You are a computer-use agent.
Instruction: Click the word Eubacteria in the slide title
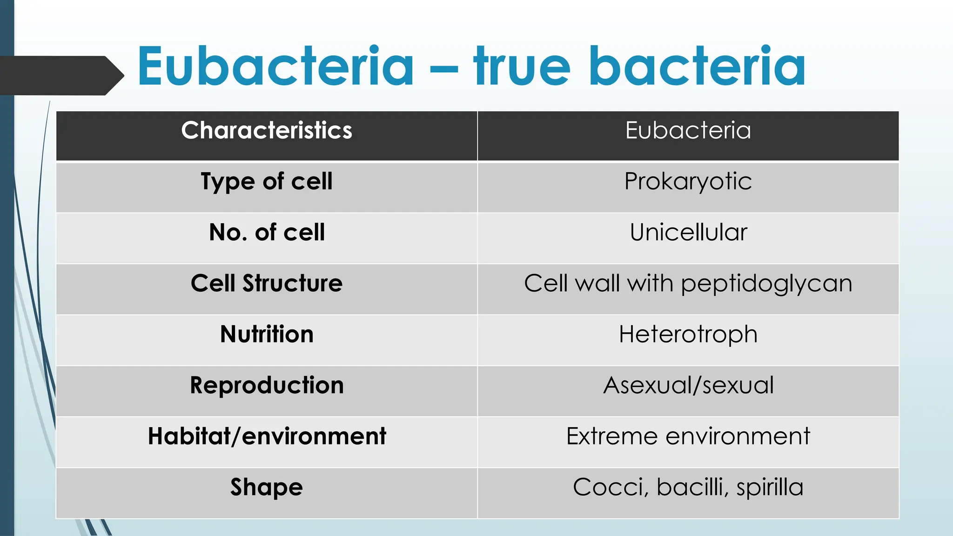(x=275, y=66)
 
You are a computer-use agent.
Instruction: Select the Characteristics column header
(x=267, y=130)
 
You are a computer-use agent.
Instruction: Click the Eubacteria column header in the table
(x=688, y=130)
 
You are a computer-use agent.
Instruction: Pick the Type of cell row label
(x=267, y=181)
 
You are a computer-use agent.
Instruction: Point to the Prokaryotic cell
(x=688, y=181)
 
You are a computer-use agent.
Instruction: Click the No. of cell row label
(x=267, y=232)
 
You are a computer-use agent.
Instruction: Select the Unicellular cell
(x=688, y=232)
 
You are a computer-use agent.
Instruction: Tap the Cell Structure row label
(x=267, y=283)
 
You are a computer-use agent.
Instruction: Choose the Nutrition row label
(x=267, y=334)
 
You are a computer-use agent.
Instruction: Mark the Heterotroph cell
(x=688, y=334)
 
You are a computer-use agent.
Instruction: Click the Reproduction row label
(x=267, y=385)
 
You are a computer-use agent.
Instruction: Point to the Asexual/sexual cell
(x=688, y=385)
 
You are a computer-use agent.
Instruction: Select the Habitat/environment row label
(x=267, y=436)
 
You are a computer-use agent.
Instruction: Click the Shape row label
(x=267, y=487)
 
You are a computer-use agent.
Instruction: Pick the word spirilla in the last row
(x=770, y=488)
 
